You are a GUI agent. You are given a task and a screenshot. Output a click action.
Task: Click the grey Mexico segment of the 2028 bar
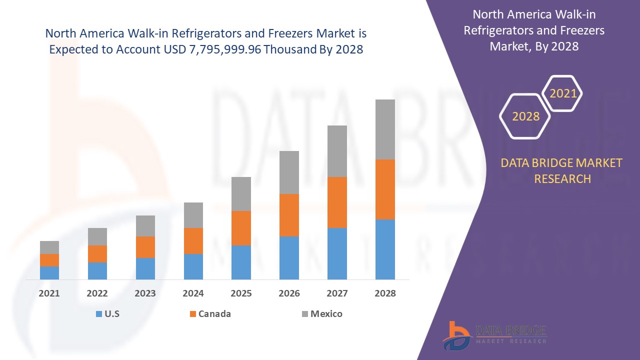(x=385, y=129)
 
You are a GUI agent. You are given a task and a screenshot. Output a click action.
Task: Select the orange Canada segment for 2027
(x=337, y=202)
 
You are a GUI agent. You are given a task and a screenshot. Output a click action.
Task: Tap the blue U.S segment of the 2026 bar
(x=289, y=258)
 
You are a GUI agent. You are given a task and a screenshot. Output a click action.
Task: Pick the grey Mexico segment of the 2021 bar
(x=49, y=247)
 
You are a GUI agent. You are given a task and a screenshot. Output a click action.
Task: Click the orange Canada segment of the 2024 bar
(x=193, y=241)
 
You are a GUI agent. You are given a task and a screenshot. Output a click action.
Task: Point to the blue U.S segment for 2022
(x=97, y=271)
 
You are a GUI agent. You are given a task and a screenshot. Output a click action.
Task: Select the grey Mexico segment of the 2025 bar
(x=241, y=194)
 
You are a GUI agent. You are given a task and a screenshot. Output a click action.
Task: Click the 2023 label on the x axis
(x=145, y=293)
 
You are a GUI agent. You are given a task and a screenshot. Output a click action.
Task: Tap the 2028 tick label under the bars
(x=385, y=293)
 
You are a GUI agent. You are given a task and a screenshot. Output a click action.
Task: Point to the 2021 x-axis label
(x=49, y=293)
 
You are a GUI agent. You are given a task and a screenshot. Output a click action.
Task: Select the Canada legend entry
(x=214, y=314)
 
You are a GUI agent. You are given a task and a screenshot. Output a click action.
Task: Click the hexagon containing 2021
(x=562, y=93)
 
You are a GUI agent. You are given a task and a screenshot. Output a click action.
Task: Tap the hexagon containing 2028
(x=525, y=116)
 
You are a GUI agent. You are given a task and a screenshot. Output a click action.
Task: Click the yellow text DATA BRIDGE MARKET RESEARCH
(x=562, y=170)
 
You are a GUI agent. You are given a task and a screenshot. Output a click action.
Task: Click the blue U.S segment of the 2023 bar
(x=145, y=268)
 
